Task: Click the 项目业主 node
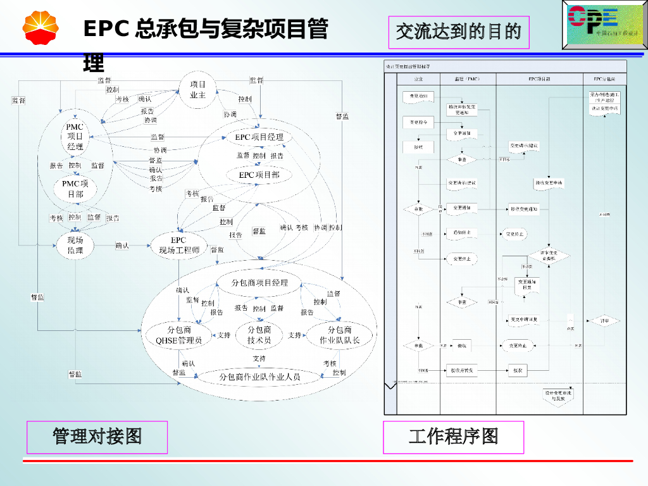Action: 198,90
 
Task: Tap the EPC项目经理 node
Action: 259,137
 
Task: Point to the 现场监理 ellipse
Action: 75,246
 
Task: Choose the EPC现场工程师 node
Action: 179,246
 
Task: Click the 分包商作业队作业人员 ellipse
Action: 259,377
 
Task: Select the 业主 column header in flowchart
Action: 418,79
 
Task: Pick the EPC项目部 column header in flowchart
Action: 539,79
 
